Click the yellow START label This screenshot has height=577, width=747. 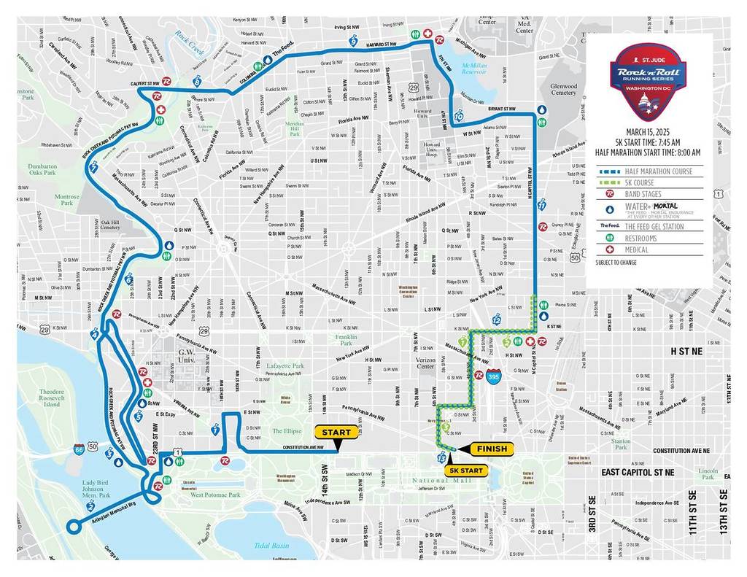click(336, 432)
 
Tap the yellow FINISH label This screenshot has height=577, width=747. click(492, 448)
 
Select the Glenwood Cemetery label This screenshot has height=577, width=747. click(564, 89)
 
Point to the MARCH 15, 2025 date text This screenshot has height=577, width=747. click(648, 131)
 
